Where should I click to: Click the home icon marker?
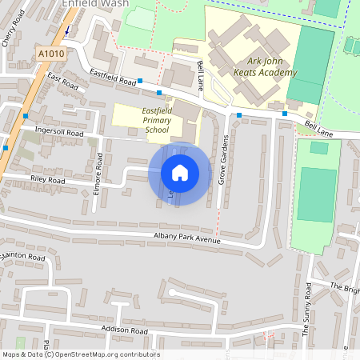[x=180, y=173]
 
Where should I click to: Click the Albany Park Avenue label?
[x=187, y=238]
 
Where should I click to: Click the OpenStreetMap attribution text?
[x=81, y=354]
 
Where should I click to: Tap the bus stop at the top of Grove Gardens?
[x=238, y=116]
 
